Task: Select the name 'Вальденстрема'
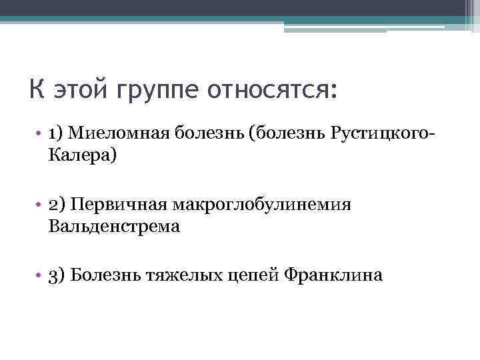click(x=114, y=227)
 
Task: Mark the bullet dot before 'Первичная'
click(x=40, y=204)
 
